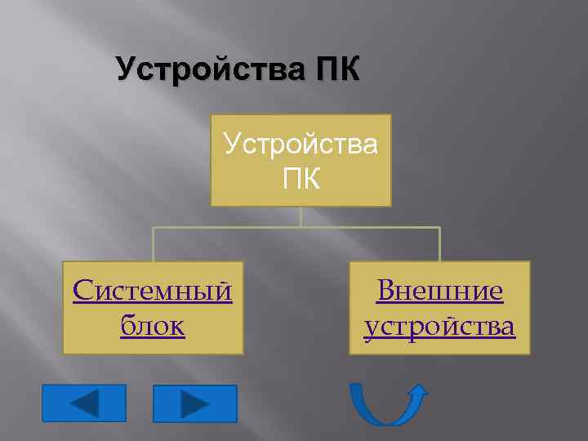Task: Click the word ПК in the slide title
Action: click(x=333, y=69)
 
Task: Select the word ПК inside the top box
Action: click(x=301, y=177)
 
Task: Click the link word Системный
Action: click(x=153, y=291)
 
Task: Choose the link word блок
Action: click(x=153, y=326)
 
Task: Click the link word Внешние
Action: click(x=439, y=291)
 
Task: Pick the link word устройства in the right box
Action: click(x=439, y=326)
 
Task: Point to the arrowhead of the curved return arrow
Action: click(x=416, y=390)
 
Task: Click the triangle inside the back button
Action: click(x=85, y=403)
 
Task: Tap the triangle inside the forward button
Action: click(x=194, y=403)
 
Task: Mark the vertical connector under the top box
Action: click(x=301, y=216)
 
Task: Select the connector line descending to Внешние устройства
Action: click(x=439, y=244)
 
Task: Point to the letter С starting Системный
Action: click(x=82, y=291)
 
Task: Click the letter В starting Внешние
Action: click(x=384, y=291)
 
